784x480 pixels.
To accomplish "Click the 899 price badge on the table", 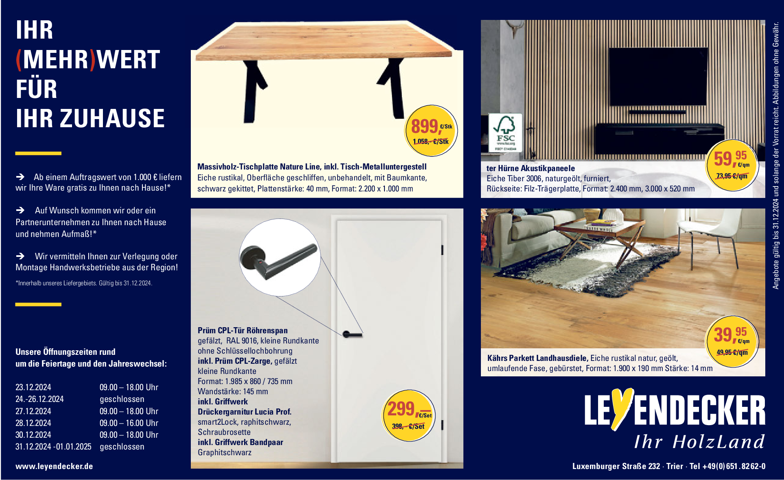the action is click(431, 131).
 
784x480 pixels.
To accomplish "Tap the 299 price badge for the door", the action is click(409, 415).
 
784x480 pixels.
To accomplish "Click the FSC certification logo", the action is click(505, 132).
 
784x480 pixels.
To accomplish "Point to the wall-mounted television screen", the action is click(658, 76).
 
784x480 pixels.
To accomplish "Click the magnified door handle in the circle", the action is click(278, 262).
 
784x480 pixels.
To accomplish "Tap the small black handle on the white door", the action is click(352, 335).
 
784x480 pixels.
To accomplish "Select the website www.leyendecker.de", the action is click(54, 466).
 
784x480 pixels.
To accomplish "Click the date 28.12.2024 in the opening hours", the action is click(33, 423).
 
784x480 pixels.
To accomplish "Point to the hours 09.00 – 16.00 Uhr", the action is click(129, 423).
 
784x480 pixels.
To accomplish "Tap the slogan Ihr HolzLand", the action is click(699, 442).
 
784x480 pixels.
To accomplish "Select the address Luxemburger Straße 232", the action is click(616, 466).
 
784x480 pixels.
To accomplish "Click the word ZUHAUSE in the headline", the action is click(112, 118).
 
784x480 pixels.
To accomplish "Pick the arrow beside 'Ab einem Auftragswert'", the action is click(20, 177).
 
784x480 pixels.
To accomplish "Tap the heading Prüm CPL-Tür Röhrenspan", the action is click(242, 330).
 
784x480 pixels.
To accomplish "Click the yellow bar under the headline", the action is click(38, 153).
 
